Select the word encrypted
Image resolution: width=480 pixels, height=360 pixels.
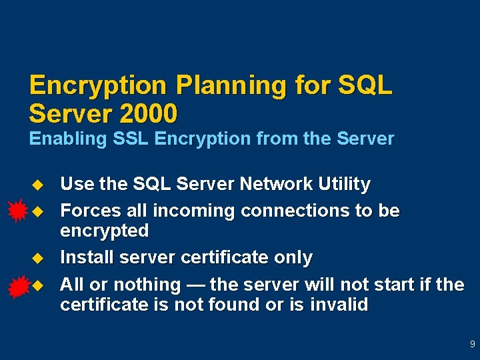coord(104,231)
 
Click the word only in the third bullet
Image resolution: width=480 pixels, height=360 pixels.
coord(293,257)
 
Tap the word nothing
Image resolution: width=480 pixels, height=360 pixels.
coord(147,285)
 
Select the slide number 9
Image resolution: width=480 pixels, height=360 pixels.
coord(472,345)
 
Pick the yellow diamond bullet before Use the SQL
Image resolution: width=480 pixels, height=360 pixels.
coord(37,183)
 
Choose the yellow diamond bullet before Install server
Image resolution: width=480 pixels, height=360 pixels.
coord(37,257)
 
